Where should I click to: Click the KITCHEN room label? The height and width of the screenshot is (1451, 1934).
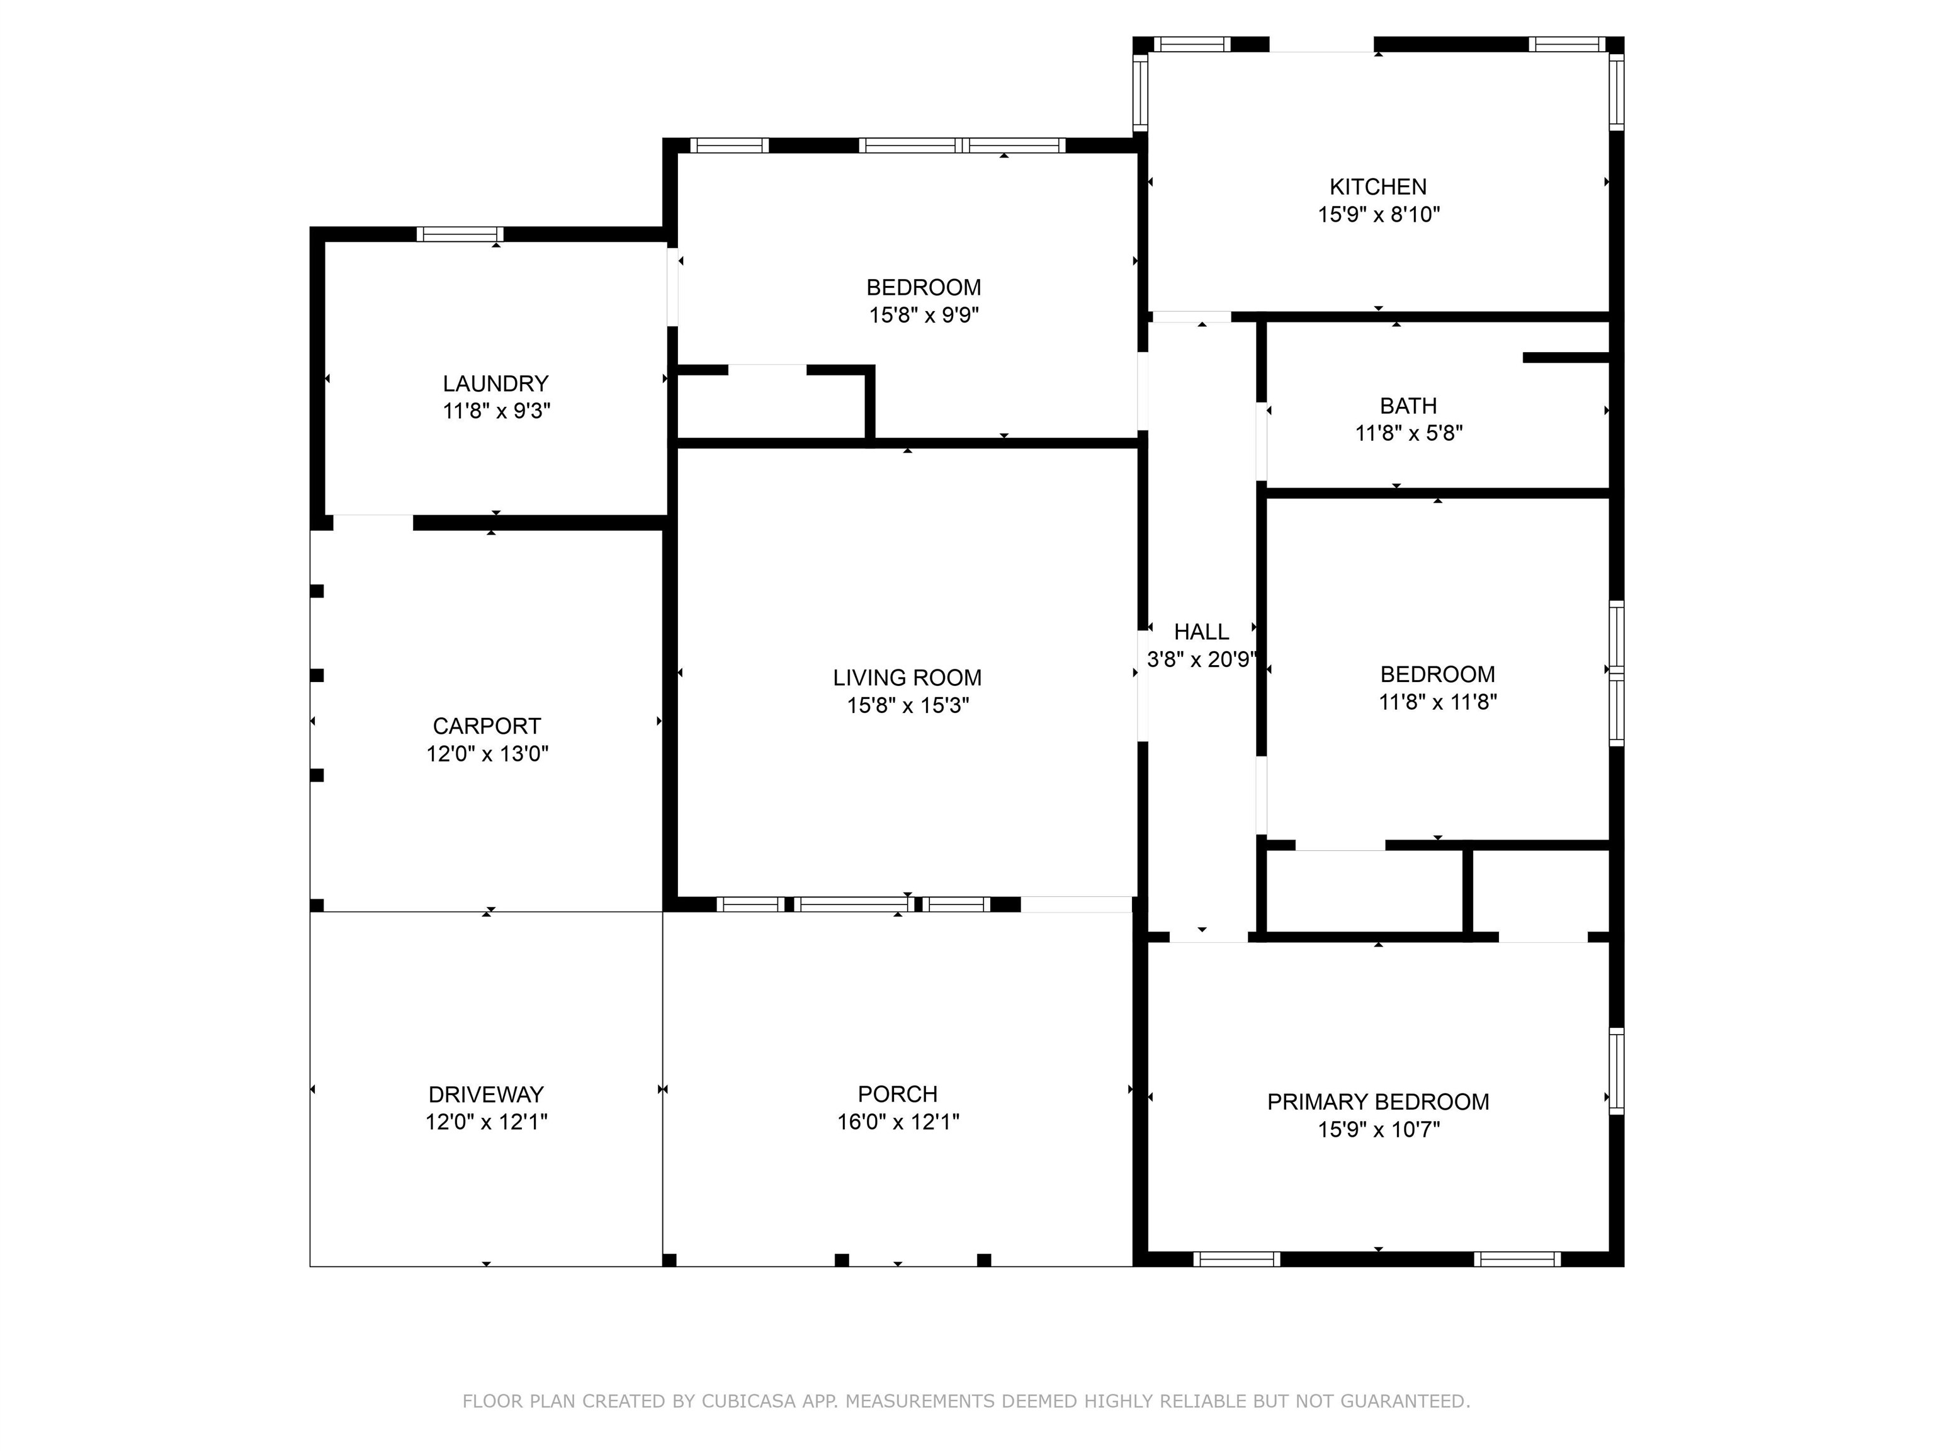[x=1378, y=186]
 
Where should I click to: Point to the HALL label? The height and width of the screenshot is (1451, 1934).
[x=1201, y=632]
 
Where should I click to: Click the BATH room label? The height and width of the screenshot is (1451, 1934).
[x=1408, y=406]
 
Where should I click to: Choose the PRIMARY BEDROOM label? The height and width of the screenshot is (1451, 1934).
[x=1378, y=1102]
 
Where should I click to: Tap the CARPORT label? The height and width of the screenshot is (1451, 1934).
[x=487, y=726]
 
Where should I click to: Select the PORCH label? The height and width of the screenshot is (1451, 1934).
[x=898, y=1093]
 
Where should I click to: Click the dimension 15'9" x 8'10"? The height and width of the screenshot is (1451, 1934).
[x=1379, y=214]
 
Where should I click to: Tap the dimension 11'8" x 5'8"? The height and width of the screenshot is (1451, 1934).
[x=1408, y=433]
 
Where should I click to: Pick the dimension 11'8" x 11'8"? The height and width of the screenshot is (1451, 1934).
[x=1437, y=702]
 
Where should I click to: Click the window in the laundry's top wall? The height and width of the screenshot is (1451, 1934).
[x=460, y=234]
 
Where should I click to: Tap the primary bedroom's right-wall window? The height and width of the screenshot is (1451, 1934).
[x=1617, y=1071]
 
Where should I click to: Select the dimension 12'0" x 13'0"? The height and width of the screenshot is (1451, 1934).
[x=487, y=754]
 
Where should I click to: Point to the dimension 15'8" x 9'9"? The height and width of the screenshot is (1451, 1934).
[x=924, y=315]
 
